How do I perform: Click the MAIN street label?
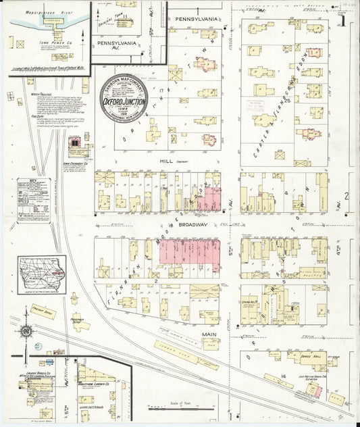pos(207,333)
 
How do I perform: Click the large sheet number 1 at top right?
pos(342,18)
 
